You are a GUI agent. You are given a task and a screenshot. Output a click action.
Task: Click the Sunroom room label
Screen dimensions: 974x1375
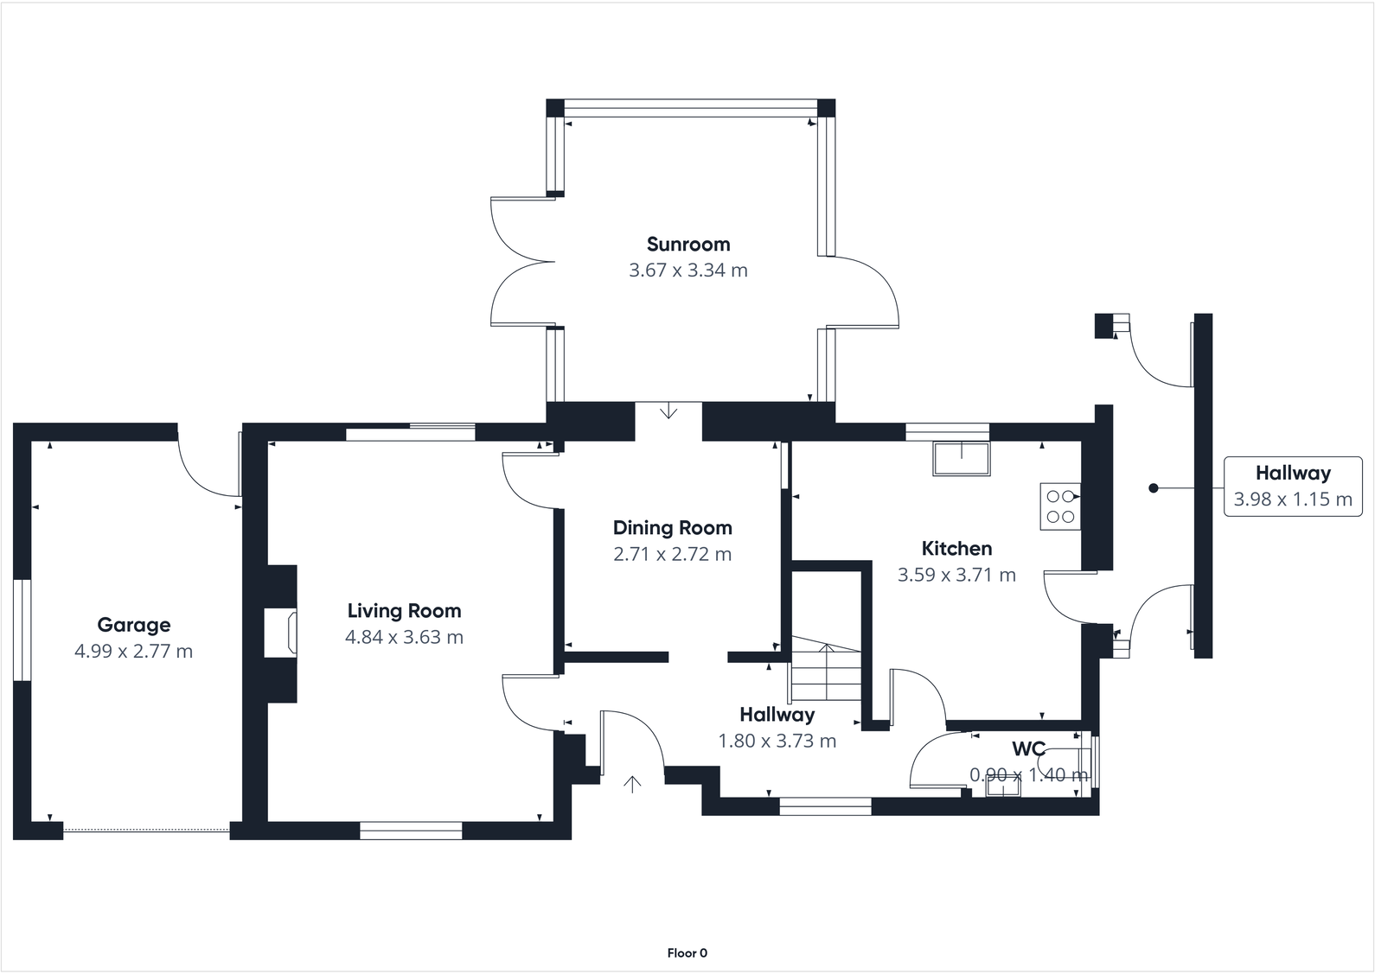coord(688,245)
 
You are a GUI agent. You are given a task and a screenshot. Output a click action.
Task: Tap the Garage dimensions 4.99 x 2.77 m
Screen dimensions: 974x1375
coord(133,652)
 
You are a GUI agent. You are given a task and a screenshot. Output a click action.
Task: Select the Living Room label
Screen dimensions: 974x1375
coord(404,611)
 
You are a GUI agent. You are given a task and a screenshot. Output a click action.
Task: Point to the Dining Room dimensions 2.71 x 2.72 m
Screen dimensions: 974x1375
coord(672,554)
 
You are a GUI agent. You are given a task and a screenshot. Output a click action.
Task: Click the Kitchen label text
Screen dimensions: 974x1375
coord(956,549)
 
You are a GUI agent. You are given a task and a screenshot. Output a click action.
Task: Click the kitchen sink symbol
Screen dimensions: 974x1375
coord(961,458)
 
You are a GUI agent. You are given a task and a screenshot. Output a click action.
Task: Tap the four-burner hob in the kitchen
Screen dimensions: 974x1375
coord(1059,506)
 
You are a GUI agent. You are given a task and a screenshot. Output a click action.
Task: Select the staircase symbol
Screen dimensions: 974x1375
coord(827,671)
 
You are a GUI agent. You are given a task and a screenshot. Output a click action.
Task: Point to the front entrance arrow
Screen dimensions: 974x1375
coord(633,784)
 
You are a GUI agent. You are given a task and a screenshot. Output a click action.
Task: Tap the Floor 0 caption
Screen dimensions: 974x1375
coord(687,953)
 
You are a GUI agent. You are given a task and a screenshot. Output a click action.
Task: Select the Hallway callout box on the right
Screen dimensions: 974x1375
coord(1293,487)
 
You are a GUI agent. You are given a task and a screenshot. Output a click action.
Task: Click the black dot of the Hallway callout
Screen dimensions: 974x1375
coord(1153,488)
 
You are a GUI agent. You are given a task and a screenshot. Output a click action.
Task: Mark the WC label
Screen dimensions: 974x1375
coord(1029,748)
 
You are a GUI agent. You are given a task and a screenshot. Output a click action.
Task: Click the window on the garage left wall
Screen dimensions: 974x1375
coord(22,629)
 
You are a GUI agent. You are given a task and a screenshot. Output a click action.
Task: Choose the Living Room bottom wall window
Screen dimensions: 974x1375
coord(411,831)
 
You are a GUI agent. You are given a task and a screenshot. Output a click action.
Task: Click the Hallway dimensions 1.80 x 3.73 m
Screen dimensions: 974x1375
coord(777,741)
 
